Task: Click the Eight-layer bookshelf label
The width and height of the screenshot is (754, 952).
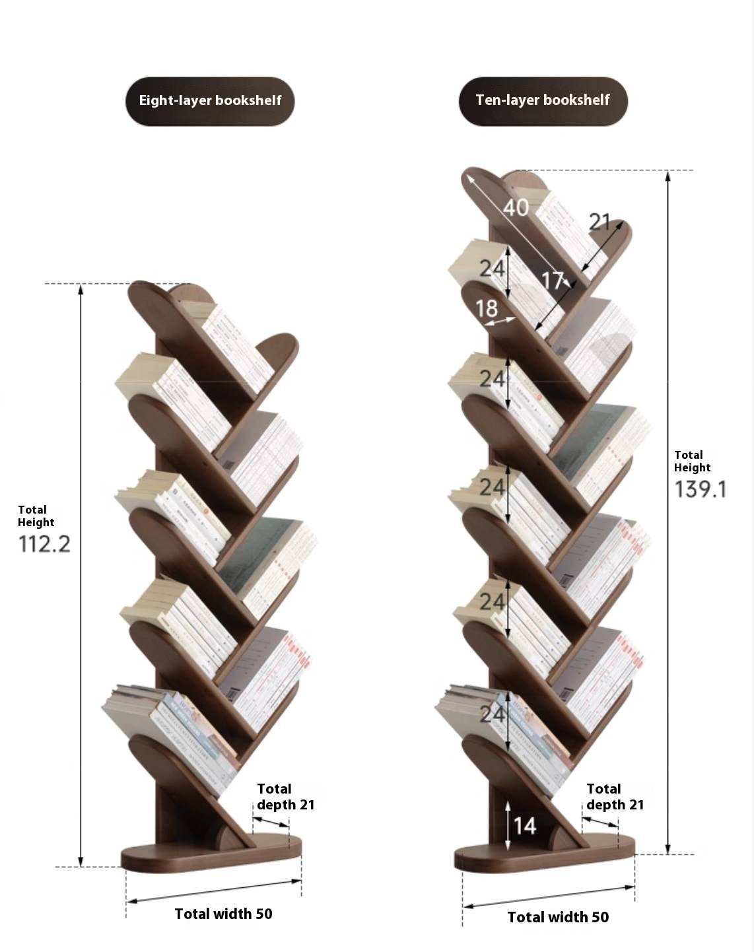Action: pyautogui.click(x=210, y=101)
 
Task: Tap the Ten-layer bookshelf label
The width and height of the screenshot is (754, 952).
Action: pyautogui.click(x=543, y=100)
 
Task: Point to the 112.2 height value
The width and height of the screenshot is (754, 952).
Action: pyautogui.click(x=44, y=544)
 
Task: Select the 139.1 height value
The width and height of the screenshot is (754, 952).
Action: pyautogui.click(x=701, y=489)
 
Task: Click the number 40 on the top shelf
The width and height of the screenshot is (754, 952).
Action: pyautogui.click(x=516, y=207)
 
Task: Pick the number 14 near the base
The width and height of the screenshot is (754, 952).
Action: pyautogui.click(x=525, y=826)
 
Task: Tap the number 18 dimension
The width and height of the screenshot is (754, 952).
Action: pyautogui.click(x=487, y=308)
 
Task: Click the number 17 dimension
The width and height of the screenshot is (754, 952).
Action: pyautogui.click(x=553, y=281)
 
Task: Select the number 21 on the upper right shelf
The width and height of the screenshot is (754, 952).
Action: pyautogui.click(x=600, y=221)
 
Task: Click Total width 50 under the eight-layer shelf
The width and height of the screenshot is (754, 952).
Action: pyautogui.click(x=223, y=914)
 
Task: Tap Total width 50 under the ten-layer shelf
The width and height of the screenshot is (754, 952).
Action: pyautogui.click(x=558, y=917)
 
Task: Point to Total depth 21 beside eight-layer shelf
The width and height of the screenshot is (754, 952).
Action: pyautogui.click(x=285, y=797)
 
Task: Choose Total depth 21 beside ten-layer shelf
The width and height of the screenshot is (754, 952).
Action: pyautogui.click(x=615, y=797)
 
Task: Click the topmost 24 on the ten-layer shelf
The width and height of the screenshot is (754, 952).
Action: pyautogui.click(x=493, y=269)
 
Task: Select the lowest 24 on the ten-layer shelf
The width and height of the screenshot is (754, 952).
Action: pyautogui.click(x=493, y=714)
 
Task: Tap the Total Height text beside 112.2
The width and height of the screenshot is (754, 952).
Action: pyautogui.click(x=36, y=516)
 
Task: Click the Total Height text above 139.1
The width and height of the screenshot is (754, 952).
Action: pyautogui.click(x=692, y=461)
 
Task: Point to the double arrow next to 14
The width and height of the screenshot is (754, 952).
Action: pyautogui.click(x=508, y=825)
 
